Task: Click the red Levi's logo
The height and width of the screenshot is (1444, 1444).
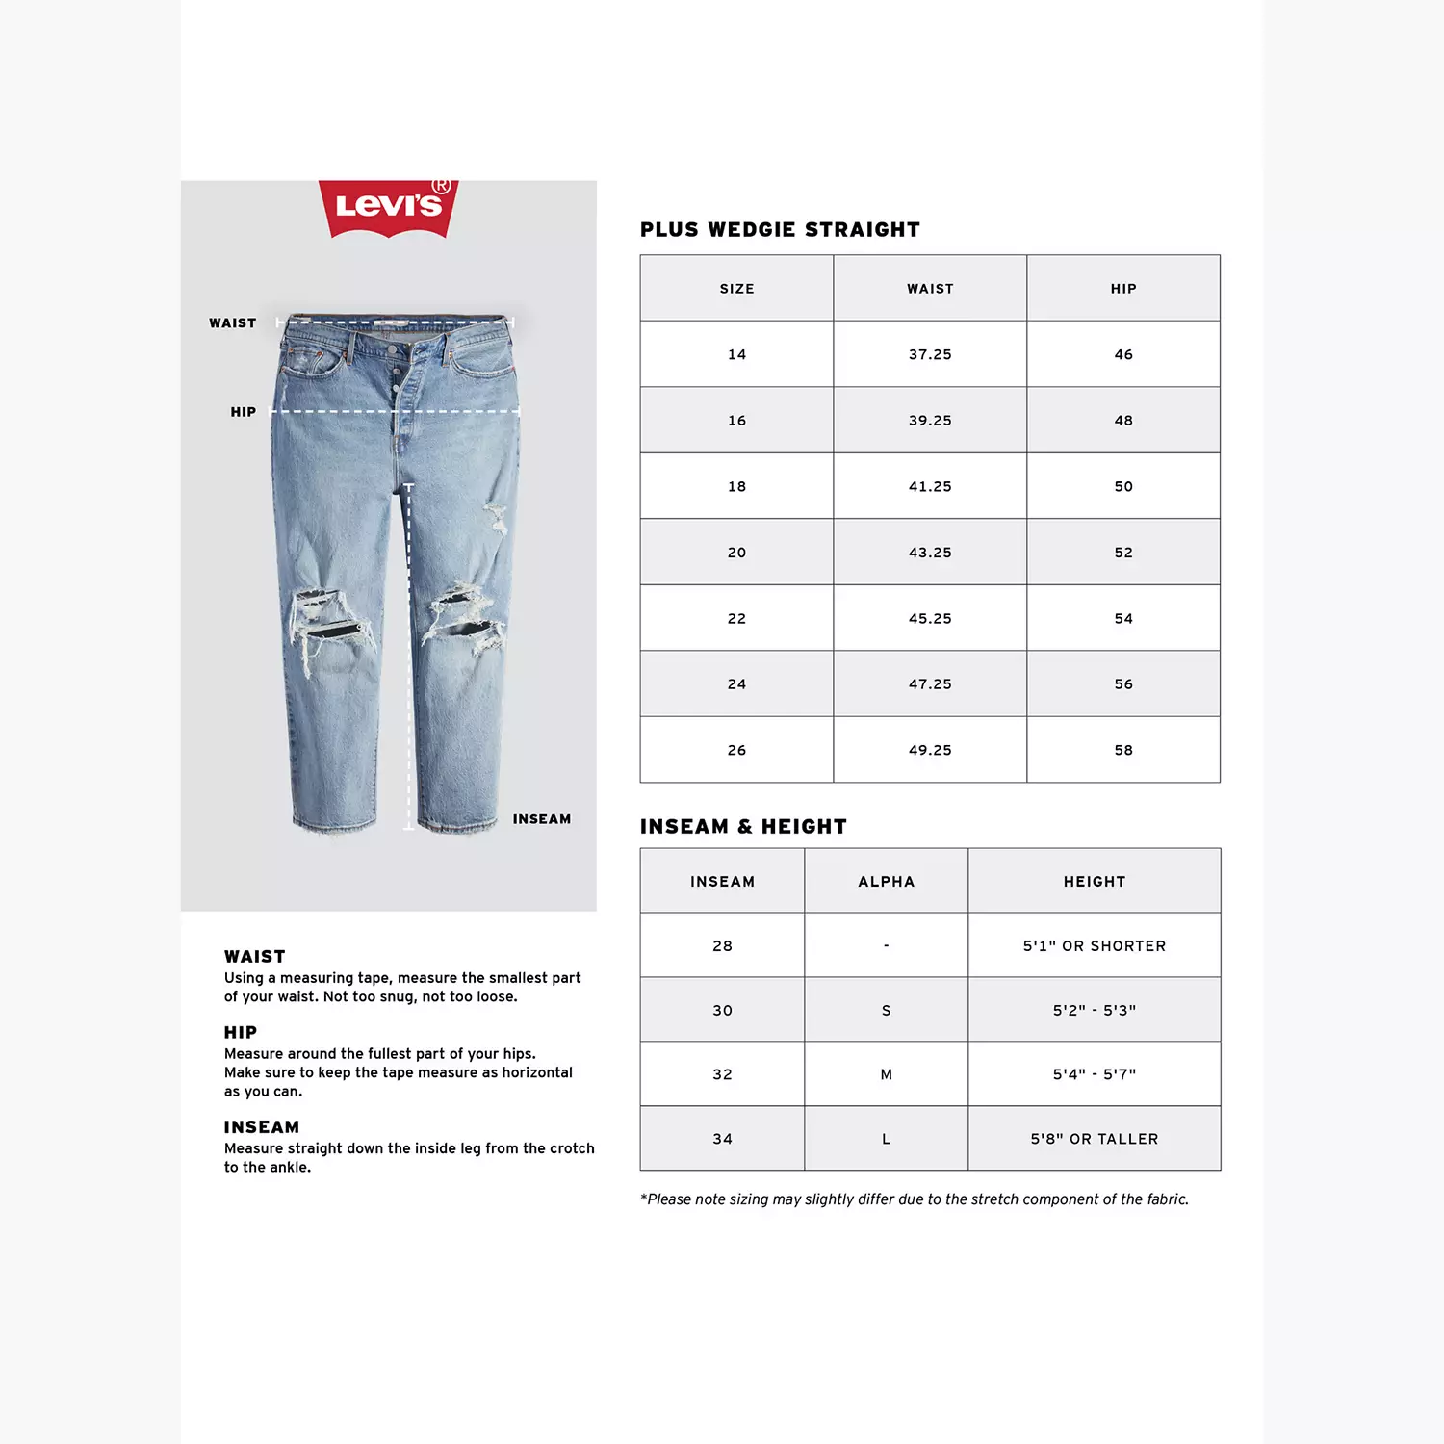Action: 388,206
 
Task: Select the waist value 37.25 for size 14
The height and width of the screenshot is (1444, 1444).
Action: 930,354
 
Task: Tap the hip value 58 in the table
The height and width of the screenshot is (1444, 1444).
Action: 1123,750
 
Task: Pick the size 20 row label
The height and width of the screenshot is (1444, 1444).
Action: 736,553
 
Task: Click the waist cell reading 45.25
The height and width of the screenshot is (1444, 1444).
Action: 930,618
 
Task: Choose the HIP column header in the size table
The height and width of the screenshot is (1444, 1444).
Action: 1123,289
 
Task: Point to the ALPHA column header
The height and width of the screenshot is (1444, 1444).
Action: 886,882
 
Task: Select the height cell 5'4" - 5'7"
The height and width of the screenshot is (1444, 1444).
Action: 1095,1074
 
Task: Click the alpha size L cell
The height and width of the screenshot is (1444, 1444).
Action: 886,1139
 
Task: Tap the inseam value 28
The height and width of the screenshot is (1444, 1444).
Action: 722,946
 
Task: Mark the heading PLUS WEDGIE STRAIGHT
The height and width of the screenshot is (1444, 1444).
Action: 780,230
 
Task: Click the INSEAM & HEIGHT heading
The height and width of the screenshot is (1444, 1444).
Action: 743,827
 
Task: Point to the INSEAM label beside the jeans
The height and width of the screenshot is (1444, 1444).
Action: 542,819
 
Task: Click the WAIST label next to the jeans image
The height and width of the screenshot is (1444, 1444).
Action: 233,323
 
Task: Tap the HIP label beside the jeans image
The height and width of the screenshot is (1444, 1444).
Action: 244,412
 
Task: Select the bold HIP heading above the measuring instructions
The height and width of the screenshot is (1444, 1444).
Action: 241,1033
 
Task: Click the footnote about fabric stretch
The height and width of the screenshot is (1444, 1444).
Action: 915,1199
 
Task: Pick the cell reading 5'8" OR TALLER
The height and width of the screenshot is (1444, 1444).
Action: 1095,1139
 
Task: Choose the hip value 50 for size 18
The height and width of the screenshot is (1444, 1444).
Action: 1123,487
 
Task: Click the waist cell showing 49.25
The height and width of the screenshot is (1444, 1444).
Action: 930,750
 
